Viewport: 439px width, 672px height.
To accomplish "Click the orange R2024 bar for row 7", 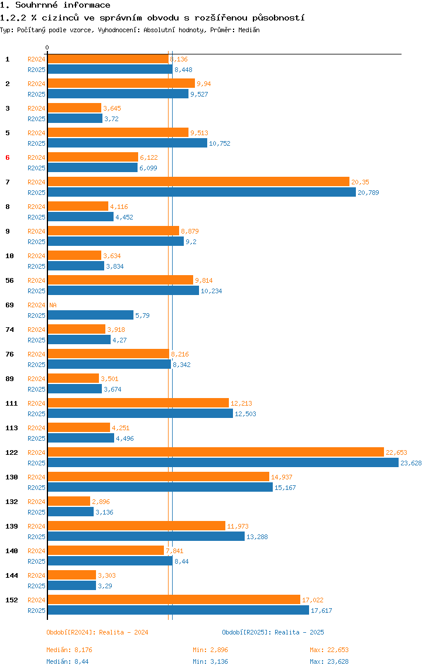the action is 198,181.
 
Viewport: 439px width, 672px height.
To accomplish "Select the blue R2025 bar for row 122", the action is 224,463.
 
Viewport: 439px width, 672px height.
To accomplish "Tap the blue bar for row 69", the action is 91,315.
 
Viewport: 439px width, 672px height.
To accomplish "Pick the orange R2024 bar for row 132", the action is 69,502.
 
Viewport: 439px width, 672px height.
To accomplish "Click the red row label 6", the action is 7,157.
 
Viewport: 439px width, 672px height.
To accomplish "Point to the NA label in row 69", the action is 53,305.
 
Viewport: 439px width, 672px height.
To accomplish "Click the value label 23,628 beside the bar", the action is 411,463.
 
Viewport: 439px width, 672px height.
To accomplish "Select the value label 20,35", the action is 360,182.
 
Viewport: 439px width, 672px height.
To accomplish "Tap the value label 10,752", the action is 220,143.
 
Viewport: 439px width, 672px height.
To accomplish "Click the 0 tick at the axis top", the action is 47,47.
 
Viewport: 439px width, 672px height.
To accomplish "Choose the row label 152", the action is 12,600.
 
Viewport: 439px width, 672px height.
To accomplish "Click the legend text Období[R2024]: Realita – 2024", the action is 97,632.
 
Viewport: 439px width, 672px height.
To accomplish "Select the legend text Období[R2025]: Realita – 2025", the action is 273,632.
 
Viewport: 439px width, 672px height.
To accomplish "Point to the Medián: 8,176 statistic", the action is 69,650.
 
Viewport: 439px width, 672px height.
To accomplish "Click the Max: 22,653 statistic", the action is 329,650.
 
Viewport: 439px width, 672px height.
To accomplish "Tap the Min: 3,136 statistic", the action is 210,661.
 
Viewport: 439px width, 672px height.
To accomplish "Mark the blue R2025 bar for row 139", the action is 146,537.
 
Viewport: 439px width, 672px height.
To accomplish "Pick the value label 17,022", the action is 313,600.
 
